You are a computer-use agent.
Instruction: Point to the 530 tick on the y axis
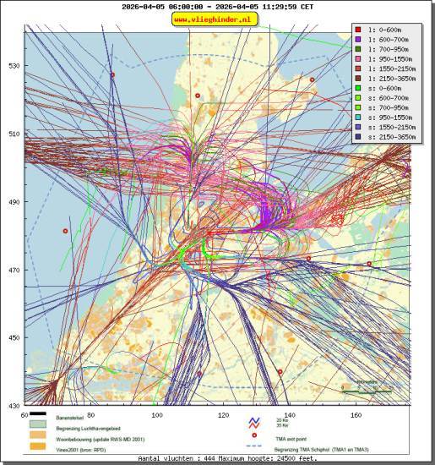point(14,66)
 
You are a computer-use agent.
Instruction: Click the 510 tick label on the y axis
point(14,134)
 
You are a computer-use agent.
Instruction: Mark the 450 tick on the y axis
point(14,338)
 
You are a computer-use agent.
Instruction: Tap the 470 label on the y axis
point(14,271)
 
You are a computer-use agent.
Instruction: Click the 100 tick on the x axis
point(156,415)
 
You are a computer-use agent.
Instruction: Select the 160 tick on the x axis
point(356,415)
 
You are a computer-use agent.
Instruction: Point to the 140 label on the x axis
point(290,415)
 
